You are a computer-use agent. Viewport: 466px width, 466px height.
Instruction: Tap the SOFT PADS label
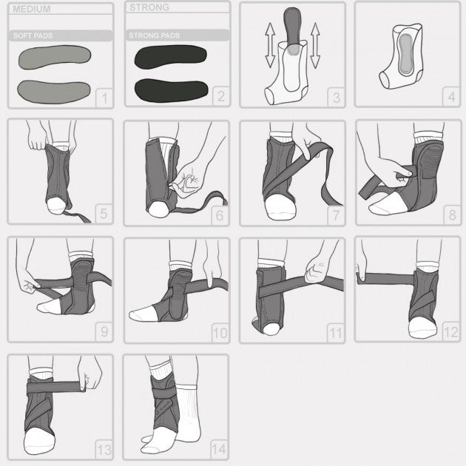pos(33,36)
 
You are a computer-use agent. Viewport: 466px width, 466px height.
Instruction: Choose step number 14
pos(218,449)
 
